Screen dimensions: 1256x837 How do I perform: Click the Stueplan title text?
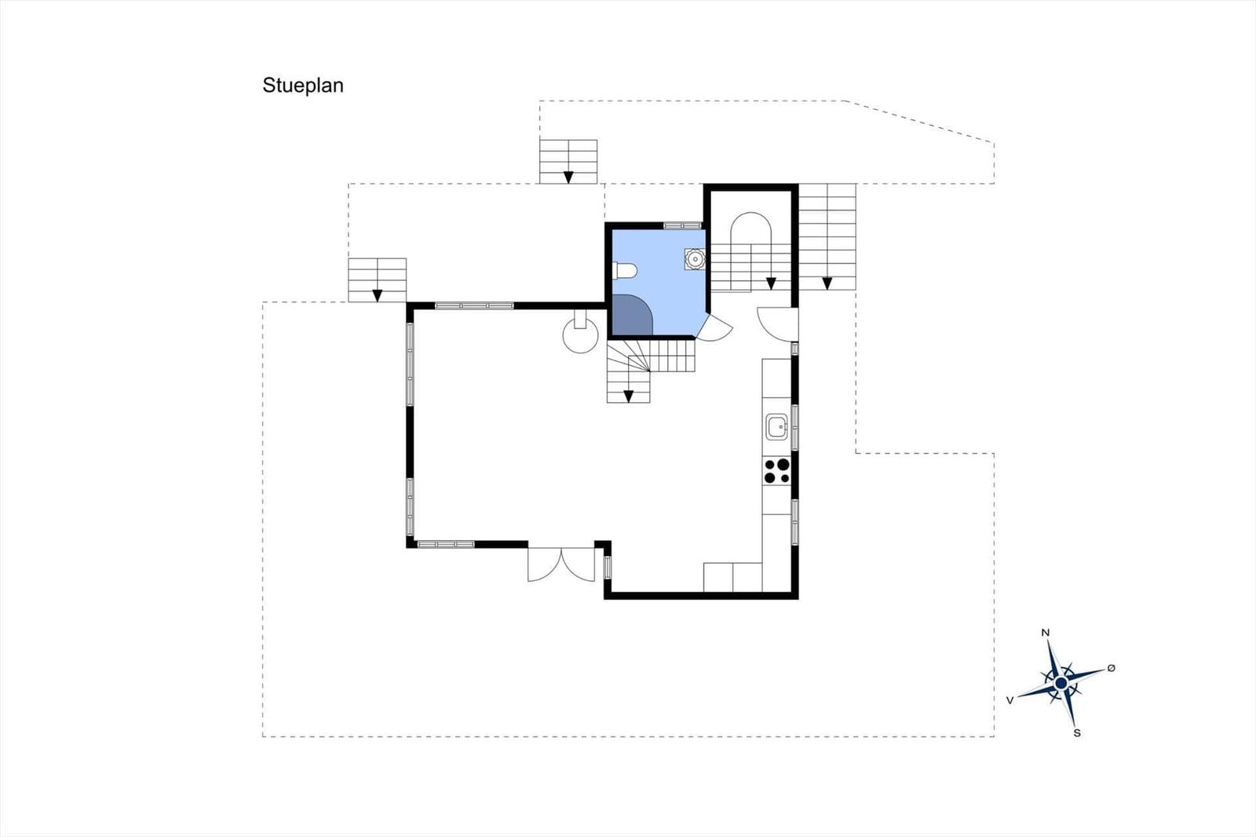[x=303, y=86]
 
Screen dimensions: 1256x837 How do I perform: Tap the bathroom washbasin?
[x=695, y=258]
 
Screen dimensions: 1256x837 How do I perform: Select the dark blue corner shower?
[x=632, y=316]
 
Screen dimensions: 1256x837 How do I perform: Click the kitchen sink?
[x=777, y=427]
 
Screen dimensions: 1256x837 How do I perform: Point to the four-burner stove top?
[x=776, y=471]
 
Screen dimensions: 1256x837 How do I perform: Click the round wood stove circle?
[x=580, y=335]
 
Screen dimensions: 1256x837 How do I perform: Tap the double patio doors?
[x=561, y=564]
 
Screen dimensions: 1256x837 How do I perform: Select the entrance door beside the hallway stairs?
[x=776, y=323]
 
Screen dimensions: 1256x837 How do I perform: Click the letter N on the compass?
[x=1045, y=633]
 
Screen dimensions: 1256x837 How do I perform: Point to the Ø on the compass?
[x=1112, y=667]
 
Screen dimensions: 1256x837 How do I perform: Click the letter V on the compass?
[x=1010, y=700]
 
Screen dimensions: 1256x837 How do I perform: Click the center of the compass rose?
[x=1061, y=683]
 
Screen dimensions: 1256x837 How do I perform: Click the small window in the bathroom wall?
[x=682, y=225]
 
